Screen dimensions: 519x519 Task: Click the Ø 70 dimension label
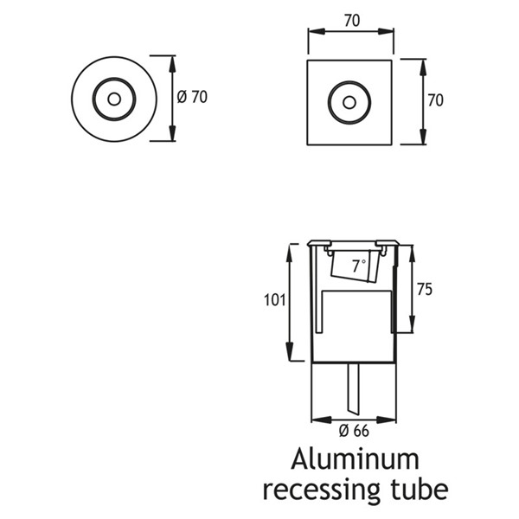click(192, 97)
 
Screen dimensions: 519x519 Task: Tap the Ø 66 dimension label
click(354, 431)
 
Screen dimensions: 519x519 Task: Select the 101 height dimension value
click(274, 300)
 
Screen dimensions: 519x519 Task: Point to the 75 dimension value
click(425, 289)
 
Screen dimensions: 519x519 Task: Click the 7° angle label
click(359, 266)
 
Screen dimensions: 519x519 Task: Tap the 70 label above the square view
click(351, 21)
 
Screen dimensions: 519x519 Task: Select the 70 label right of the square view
click(435, 100)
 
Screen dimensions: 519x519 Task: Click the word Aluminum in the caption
click(356, 459)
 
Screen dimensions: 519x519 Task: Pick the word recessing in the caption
click(321, 490)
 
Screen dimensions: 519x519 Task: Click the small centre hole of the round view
click(114, 99)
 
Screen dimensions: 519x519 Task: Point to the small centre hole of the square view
click(349, 103)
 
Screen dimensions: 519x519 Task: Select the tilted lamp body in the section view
click(355, 266)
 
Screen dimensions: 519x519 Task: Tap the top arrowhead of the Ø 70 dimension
click(172, 64)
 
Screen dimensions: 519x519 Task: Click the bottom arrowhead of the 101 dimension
click(290, 352)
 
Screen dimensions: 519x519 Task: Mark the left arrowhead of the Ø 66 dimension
click(321, 420)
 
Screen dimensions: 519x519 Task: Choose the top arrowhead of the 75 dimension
click(413, 253)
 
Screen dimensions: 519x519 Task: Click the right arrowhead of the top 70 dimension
click(386, 31)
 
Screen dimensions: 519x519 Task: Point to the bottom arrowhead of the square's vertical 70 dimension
click(423, 137)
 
